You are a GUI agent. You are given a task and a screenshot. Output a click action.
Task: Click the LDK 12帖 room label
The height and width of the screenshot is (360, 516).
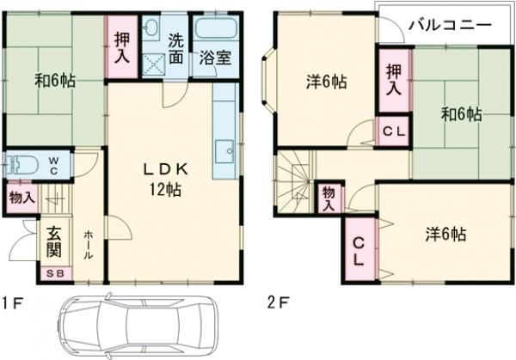(165, 176)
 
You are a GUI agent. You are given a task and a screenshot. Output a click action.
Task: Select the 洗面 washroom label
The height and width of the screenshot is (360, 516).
(175, 50)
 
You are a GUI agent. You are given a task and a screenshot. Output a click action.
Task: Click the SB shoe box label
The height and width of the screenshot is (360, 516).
(53, 274)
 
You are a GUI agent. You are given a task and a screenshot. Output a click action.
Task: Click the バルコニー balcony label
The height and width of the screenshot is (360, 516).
(449, 25)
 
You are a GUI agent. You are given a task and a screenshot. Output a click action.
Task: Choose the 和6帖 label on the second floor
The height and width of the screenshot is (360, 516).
(461, 113)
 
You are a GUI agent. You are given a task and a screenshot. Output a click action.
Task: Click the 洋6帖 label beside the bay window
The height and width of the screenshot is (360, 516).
(326, 82)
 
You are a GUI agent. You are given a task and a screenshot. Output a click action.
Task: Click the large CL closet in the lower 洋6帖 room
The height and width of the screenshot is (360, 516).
(359, 250)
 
